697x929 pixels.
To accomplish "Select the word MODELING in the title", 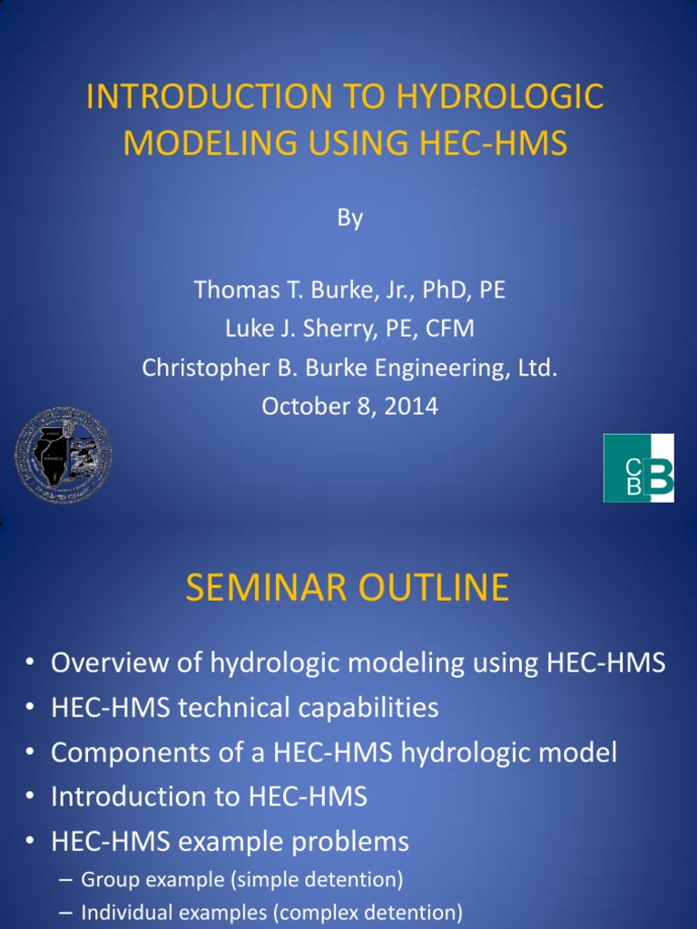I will [x=186, y=144].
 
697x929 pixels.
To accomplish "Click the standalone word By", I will [x=349, y=219].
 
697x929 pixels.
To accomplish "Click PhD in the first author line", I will [x=437, y=290].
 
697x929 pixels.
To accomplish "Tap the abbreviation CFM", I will [x=451, y=328].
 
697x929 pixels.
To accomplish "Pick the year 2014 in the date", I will [x=410, y=406].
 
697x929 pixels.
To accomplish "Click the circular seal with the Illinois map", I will [x=64, y=455].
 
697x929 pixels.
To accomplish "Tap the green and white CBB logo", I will [x=639, y=468].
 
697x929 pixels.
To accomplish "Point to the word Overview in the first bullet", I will [x=107, y=663].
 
